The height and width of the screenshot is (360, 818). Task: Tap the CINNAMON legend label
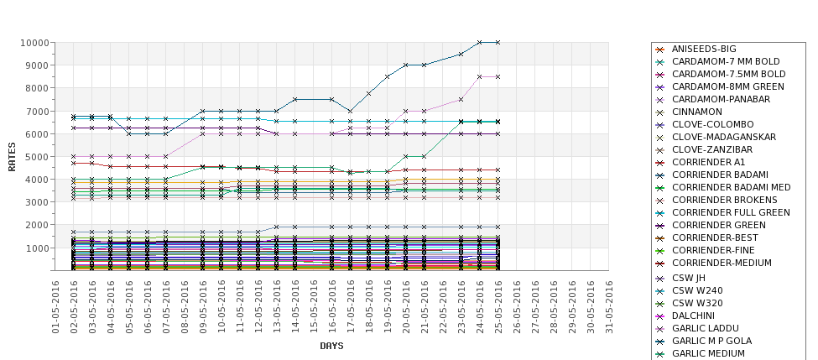696,112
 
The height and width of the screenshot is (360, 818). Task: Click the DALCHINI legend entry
693,316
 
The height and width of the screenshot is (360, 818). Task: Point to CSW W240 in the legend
696,290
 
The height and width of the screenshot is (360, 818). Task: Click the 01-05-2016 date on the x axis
56,306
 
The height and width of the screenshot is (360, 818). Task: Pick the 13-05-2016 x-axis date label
277,306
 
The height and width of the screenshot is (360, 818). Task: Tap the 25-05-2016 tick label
498,306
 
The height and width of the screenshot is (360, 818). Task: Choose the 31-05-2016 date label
609,306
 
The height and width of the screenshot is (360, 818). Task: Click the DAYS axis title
331,346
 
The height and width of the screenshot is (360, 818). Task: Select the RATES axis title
12,157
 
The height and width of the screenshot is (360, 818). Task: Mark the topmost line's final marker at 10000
498,42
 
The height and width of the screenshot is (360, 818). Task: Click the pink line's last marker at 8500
498,76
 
